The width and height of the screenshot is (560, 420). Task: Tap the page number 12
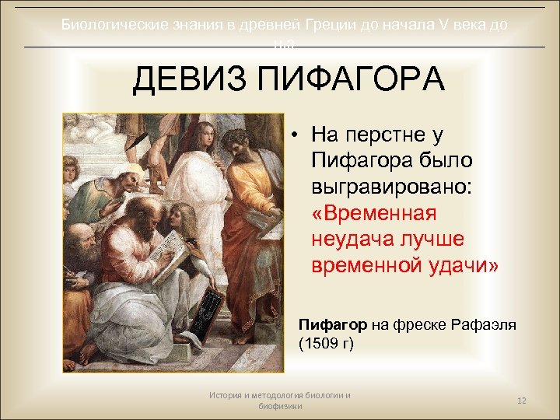(x=522, y=400)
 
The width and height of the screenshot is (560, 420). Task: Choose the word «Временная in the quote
(x=374, y=212)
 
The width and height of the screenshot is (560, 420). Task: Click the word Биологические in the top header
(x=114, y=25)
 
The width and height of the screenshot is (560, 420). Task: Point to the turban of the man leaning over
(x=132, y=172)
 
